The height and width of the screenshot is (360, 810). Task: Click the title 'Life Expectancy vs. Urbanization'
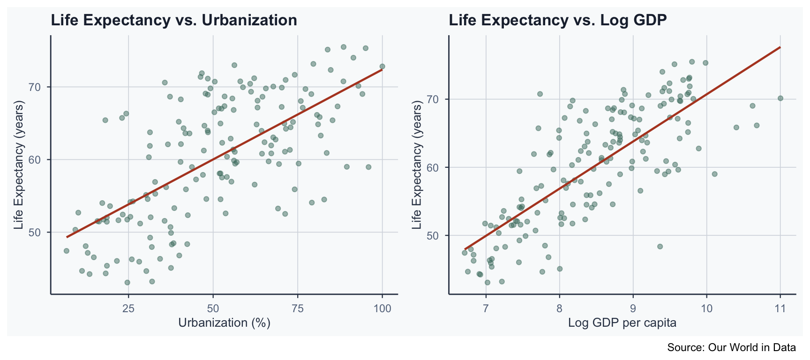coord(174,20)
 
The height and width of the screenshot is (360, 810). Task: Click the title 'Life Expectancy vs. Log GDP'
coord(558,20)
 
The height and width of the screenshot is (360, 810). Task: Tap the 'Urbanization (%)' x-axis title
coord(224,323)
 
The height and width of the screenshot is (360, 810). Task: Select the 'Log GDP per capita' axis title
coord(622,323)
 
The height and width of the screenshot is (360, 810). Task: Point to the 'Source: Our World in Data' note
coord(731,347)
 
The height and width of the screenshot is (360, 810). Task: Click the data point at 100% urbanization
coord(382,67)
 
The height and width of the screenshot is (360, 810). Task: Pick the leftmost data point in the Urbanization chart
coord(67,251)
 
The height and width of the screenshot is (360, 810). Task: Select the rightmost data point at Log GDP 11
coord(780,98)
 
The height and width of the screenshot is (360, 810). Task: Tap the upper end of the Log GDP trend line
coord(780,47)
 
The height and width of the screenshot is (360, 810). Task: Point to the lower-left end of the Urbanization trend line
coord(67,237)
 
